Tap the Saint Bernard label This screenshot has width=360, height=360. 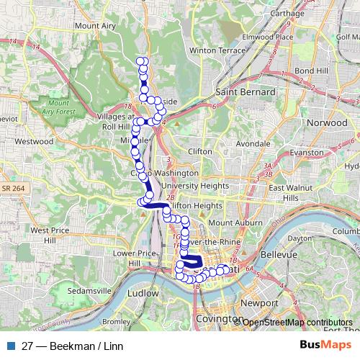click(x=246, y=92)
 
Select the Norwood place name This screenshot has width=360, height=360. click(x=328, y=123)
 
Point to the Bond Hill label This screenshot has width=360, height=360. click(x=312, y=71)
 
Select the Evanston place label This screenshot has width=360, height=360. click(x=307, y=153)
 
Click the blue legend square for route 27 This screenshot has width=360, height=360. click(x=11, y=345)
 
